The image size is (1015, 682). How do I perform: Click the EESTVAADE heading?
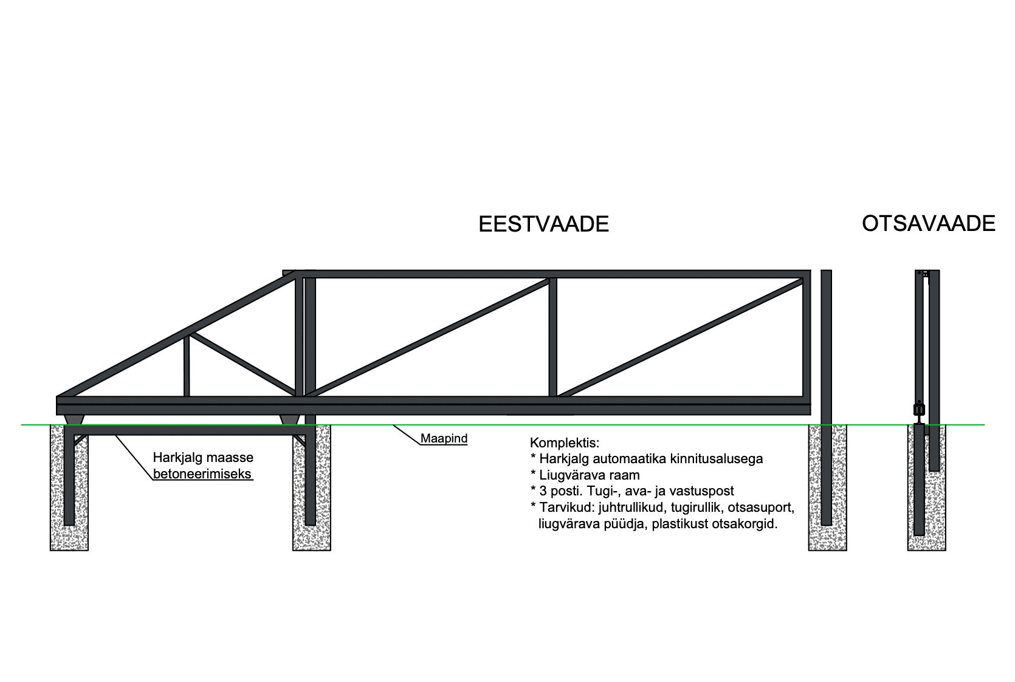click(x=543, y=224)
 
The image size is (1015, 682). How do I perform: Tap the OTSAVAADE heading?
click(x=929, y=224)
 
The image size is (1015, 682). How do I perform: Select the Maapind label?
click(x=444, y=438)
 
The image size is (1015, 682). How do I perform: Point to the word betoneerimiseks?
click(x=202, y=474)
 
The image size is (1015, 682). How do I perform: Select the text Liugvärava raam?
click(x=590, y=475)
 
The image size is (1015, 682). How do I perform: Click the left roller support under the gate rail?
click(x=74, y=419)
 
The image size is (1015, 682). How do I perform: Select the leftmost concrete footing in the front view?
click(x=69, y=487)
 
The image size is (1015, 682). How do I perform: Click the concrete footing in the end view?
click(x=927, y=487)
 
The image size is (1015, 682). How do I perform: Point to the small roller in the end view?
click(x=919, y=410)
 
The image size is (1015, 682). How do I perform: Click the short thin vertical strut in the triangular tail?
click(x=186, y=366)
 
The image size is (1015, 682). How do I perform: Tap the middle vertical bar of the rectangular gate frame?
click(x=553, y=337)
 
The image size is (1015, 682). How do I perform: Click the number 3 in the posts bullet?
click(x=543, y=491)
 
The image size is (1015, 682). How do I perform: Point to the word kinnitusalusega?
click(x=718, y=458)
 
